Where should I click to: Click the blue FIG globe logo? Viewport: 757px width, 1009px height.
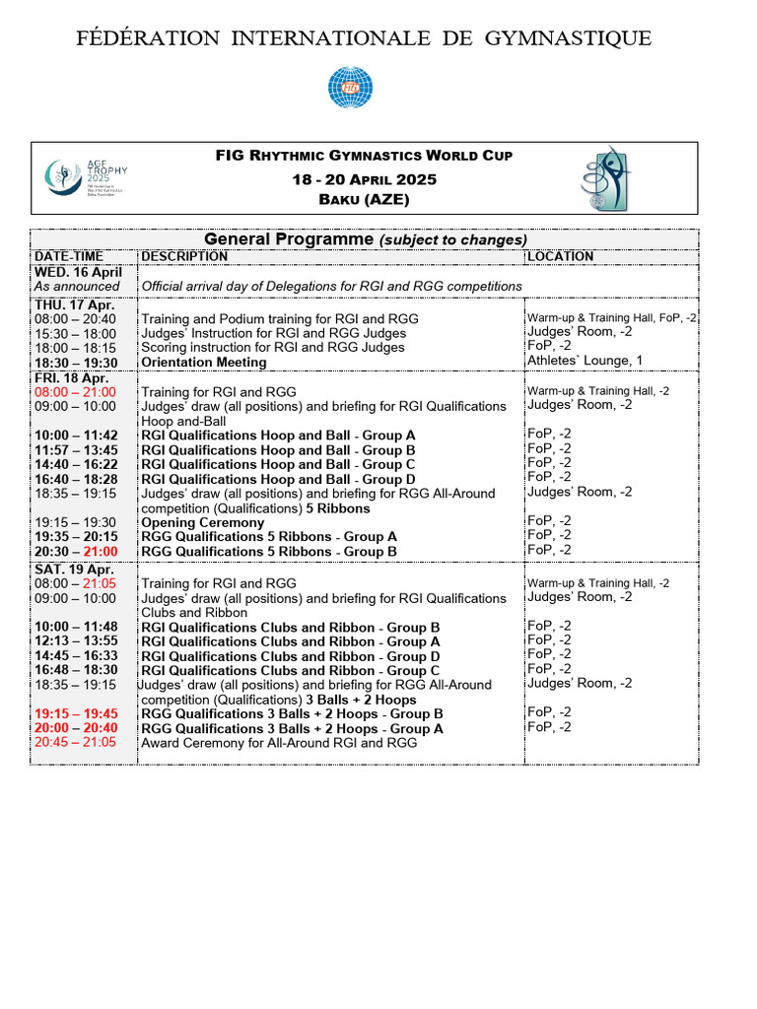click(x=351, y=88)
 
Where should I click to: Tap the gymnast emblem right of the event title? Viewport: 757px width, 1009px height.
click(x=607, y=177)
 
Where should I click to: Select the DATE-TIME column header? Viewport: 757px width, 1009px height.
click(x=68, y=256)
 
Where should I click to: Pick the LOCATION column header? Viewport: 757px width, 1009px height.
click(x=561, y=256)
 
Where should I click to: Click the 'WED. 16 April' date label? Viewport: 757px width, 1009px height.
click(x=79, y=272)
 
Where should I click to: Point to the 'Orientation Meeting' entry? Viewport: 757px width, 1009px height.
click(x=204, y=362)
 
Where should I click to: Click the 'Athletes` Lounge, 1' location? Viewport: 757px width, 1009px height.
click(x=585, y=361)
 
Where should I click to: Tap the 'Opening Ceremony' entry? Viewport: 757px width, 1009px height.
click(x=203, y=522)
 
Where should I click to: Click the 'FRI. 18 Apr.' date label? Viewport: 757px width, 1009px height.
click(x=72, y=377)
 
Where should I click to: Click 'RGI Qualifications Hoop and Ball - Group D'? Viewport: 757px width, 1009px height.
click(x=278, y=479)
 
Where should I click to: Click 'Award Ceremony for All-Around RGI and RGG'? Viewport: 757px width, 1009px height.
click(x=279, y=743)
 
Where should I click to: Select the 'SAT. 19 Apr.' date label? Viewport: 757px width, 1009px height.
click(x=73, y=569)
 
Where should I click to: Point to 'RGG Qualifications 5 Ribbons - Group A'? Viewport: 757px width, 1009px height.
click(x=269, y=537)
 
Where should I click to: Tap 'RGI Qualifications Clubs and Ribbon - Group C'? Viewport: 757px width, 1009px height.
click(x=291, y=670)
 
